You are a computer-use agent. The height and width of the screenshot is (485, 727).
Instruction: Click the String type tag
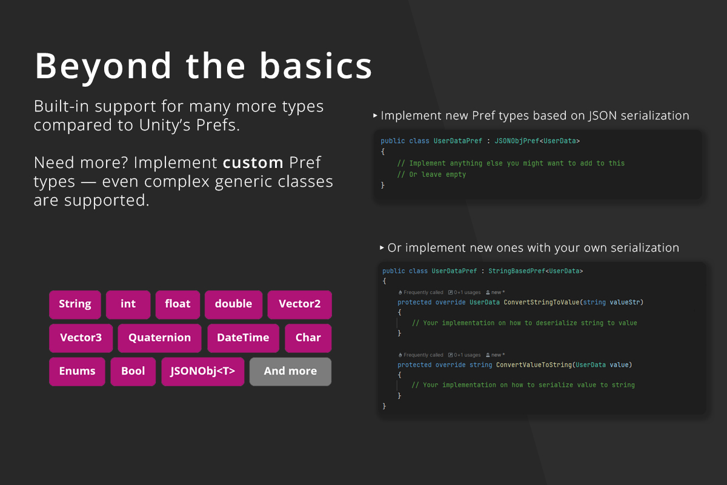coord(75,304)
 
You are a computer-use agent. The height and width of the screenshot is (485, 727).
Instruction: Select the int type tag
coord(128,304)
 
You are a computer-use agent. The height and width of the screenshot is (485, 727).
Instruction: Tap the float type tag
coord(178,304)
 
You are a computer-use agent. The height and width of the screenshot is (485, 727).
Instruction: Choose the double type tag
coord(233,304)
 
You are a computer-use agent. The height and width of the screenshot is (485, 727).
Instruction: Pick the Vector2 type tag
coord(299,304)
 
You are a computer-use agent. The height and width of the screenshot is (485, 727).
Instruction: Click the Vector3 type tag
coord(81,338)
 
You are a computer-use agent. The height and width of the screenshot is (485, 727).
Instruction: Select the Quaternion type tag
coord(159,338)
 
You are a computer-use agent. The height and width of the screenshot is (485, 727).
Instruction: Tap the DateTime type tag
coord(243,338)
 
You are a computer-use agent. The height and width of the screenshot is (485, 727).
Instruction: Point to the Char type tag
coord(308,338)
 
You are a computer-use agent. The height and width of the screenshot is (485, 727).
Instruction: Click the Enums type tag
coord(77,372)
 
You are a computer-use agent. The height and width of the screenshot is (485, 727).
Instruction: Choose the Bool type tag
coord(133,372)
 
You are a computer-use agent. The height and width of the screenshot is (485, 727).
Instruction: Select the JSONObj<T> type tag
coord(202,372)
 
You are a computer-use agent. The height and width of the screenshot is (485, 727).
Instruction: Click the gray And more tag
coord(290,372)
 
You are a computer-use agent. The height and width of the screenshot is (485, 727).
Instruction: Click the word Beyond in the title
coord(103,67)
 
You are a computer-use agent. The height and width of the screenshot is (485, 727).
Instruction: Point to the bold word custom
coord(253,162)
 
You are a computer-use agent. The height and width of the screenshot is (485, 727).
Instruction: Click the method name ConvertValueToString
coord(534,365)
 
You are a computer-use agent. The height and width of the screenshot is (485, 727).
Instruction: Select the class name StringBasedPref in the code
coord(517,271)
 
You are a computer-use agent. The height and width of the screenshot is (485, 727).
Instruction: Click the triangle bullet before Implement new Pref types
coord(375,115)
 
